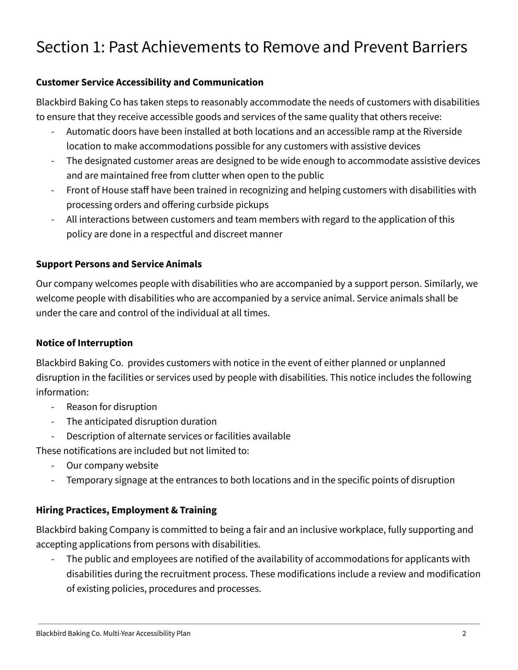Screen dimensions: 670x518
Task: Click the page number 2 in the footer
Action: tap(464, 633)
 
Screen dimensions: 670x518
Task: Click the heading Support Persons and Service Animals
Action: tap(119, 264)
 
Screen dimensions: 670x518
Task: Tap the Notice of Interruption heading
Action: tap(84, 343)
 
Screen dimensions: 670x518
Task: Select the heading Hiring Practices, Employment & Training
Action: tap(126, 510)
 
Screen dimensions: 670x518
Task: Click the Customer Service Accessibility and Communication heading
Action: tap(149, 82)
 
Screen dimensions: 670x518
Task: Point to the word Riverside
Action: tap(442, 132)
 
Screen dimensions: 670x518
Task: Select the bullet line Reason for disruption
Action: tap(112, 407)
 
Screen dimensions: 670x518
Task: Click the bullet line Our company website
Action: tap(112, 466)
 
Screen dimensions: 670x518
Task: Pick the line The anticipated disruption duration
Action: tap(141, 422)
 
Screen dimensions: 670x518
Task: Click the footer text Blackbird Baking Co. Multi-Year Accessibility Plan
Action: tap(113, 633)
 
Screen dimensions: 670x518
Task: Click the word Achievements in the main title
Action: tap(191, 47)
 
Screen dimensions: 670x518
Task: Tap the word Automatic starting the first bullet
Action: tap(88, 132)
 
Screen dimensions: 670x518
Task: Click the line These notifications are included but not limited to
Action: tap(142, 451)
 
